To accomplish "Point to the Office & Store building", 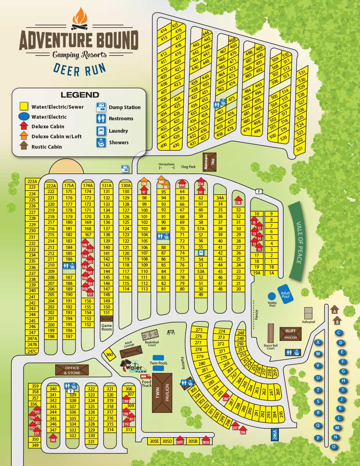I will point(72,370).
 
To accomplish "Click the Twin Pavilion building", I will point(162,393).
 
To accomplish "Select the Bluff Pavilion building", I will point(291,334).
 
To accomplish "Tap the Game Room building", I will point(106,319).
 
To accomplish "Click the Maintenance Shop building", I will point(210,161).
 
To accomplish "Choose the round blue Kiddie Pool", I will point(272,296).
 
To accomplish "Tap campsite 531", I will point(302,73).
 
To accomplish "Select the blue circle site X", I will point(318,342).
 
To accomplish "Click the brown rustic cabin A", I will point(335,310).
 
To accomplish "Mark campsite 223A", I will point(32,181).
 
